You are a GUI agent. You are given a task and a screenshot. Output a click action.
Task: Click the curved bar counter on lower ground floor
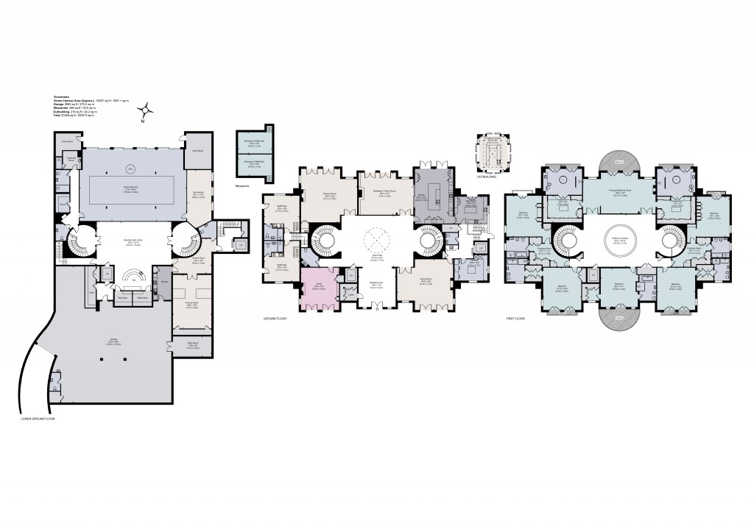133,276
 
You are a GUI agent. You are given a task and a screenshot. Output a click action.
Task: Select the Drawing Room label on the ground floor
329,196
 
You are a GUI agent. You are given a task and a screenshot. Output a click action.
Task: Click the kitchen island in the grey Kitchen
435,193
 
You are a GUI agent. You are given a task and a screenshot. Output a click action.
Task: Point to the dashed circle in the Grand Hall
376,239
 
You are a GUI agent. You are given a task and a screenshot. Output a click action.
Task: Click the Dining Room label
426,282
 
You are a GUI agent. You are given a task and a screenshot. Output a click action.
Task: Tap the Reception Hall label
376,285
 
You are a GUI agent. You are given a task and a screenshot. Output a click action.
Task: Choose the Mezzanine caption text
244,187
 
